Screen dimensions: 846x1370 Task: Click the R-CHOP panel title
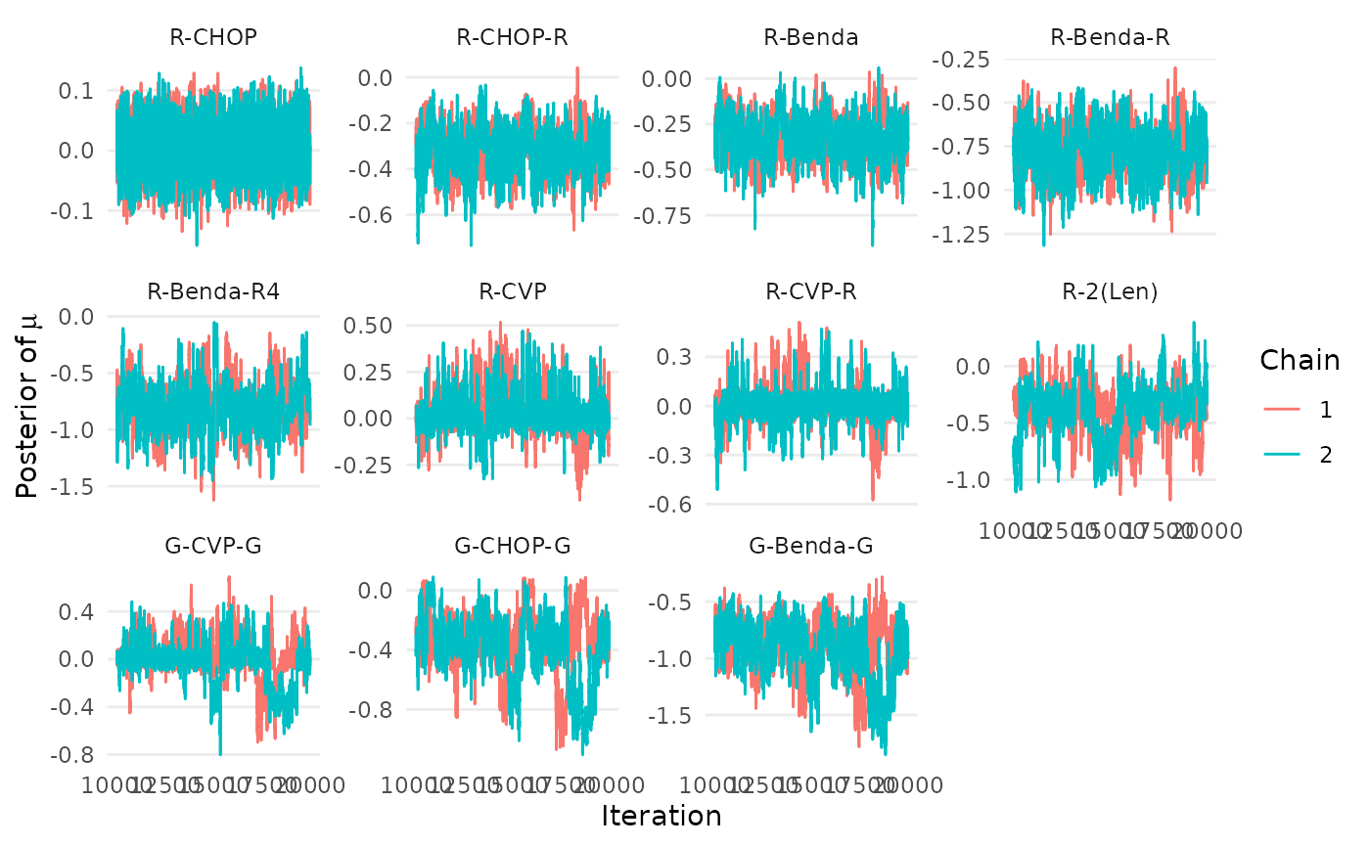(213, 38)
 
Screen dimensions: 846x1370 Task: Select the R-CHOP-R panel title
(512, 38)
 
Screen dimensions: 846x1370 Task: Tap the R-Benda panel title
(811, 38)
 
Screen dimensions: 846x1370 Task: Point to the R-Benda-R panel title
(1110, 38)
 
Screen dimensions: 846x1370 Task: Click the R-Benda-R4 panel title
(213, 291)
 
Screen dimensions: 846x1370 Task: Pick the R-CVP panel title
(512, 291)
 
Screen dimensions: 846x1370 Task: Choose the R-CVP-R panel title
(811, 291)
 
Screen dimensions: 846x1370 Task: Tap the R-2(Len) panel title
(1110, 291)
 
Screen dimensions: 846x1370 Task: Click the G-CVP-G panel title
(213, 545)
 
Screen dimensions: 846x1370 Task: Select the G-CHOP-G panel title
(512, 545)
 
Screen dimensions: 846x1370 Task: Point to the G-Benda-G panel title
(811, 545)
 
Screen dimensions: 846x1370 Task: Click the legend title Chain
(1300, 360)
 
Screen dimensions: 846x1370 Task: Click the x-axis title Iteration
(662, 817)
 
